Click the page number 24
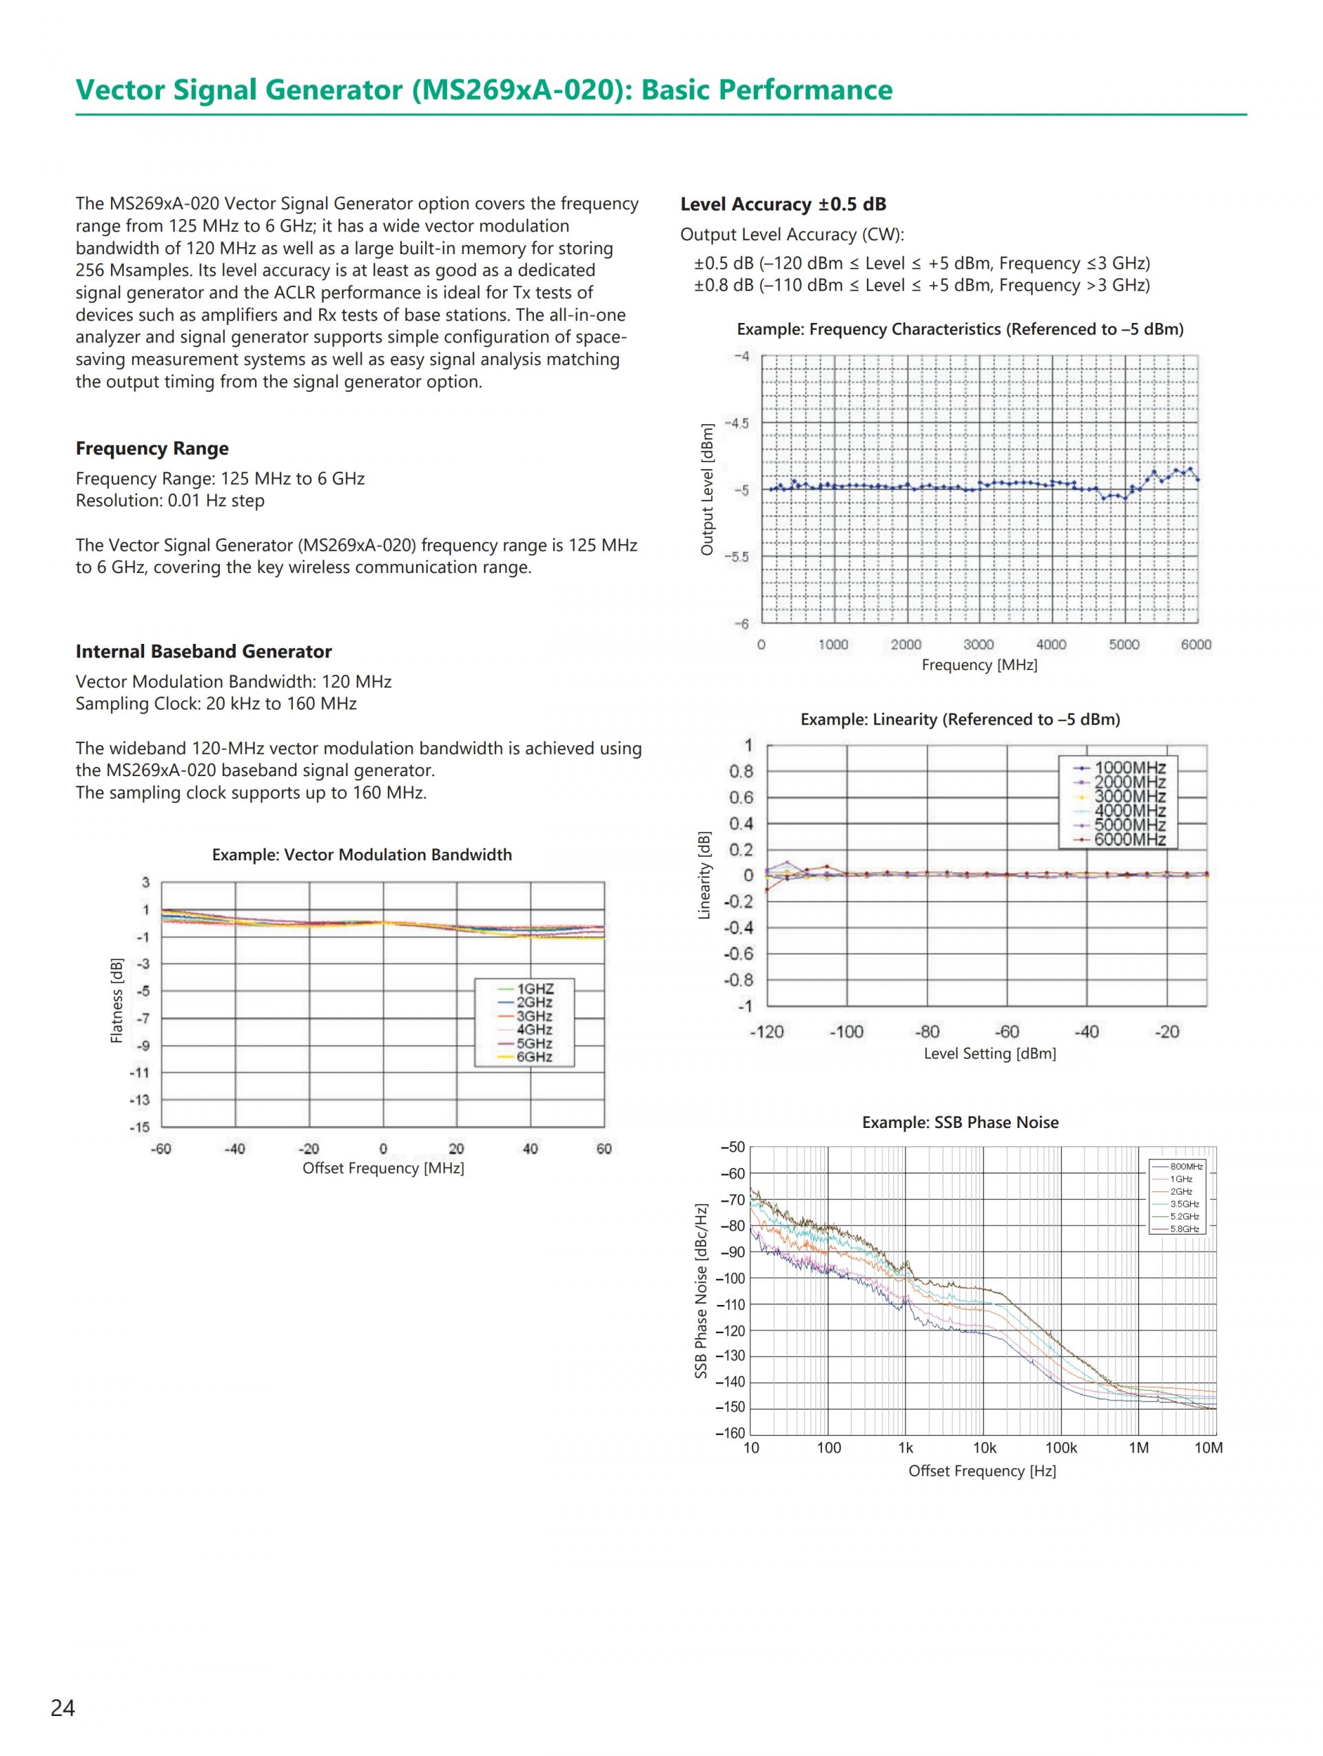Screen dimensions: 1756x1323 [x=63, y=1708]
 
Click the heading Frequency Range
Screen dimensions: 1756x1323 [x=152, y=448]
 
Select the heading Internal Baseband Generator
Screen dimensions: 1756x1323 [x=203, y=651]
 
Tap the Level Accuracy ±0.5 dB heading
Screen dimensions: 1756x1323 [x=782, y=204]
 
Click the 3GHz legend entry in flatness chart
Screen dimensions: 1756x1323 [x=533, y=1017]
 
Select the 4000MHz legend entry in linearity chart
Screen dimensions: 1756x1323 [x=1129, y=811]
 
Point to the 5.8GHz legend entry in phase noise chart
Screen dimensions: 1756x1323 [x=1184, y=1229]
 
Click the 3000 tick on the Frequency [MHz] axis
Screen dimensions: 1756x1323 [x=978, y=645]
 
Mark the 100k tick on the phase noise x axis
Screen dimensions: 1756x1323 [x=1060, y=1448]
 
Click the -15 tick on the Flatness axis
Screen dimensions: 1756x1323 [x=140, y=1127]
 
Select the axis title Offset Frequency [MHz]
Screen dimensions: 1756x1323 [x=382, y=1168]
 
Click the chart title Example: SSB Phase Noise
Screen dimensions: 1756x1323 [x=959, y=1122]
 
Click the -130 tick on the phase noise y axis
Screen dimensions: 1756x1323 [x=730, y=1356]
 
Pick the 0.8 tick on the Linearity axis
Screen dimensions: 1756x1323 [x=741, y=772]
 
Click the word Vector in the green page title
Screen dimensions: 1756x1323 [x=120, y=90]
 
